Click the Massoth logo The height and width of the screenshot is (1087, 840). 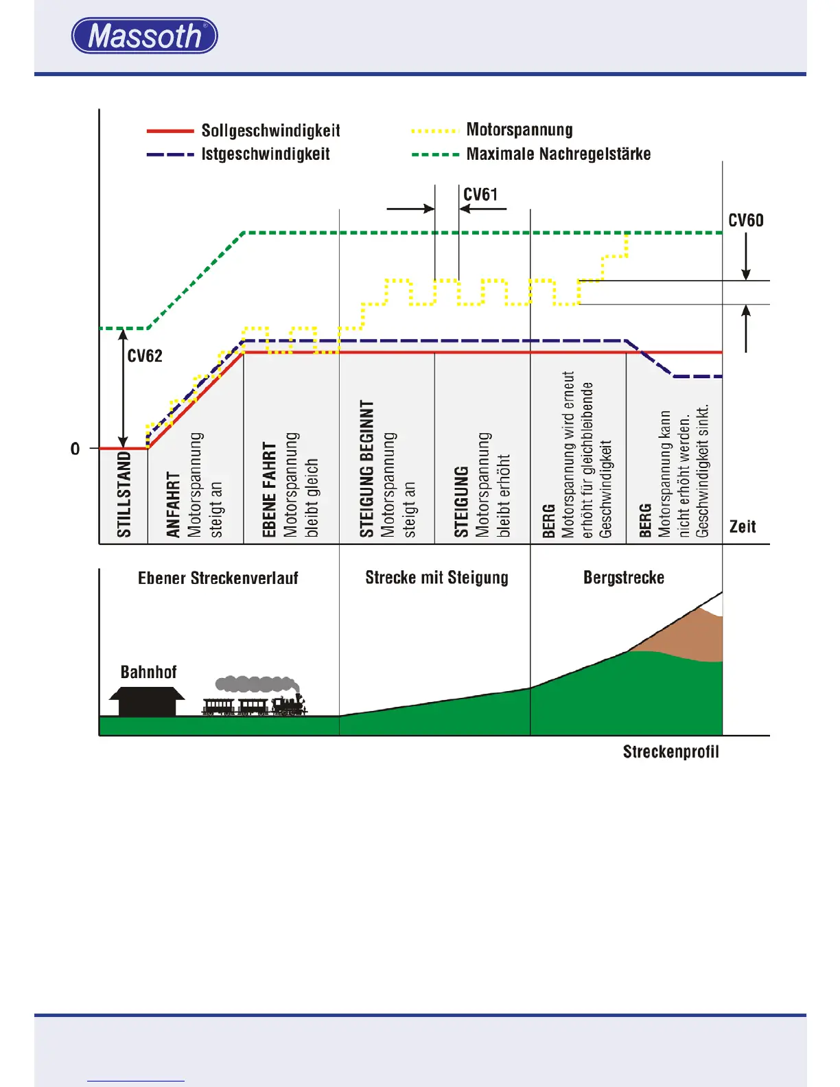click(144, 36)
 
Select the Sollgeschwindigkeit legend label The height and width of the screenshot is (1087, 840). click(270, 130)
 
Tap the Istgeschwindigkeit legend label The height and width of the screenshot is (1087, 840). click(265, 154)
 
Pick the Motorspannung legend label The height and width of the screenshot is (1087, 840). click(519, 130)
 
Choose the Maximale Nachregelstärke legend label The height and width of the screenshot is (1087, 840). click(558, 154)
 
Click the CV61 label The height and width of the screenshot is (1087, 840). click(480, 195)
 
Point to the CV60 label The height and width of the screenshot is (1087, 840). click(745, 220)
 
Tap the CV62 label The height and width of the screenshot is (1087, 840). click(145, 355)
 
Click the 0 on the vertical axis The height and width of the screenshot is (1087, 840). click(75, 449)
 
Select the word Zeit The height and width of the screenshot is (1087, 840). click(743, 526)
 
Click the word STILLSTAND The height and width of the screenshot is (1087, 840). click(124, 493)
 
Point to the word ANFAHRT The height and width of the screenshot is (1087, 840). click(173, 504)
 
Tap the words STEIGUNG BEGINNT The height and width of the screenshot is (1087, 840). click(367, 469)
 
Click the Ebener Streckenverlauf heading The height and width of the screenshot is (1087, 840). click(218, 578)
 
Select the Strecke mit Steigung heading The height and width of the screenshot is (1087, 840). click(436, 578)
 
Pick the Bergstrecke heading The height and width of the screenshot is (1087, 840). click(623, 578)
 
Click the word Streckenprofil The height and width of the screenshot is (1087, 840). click(670, 751)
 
